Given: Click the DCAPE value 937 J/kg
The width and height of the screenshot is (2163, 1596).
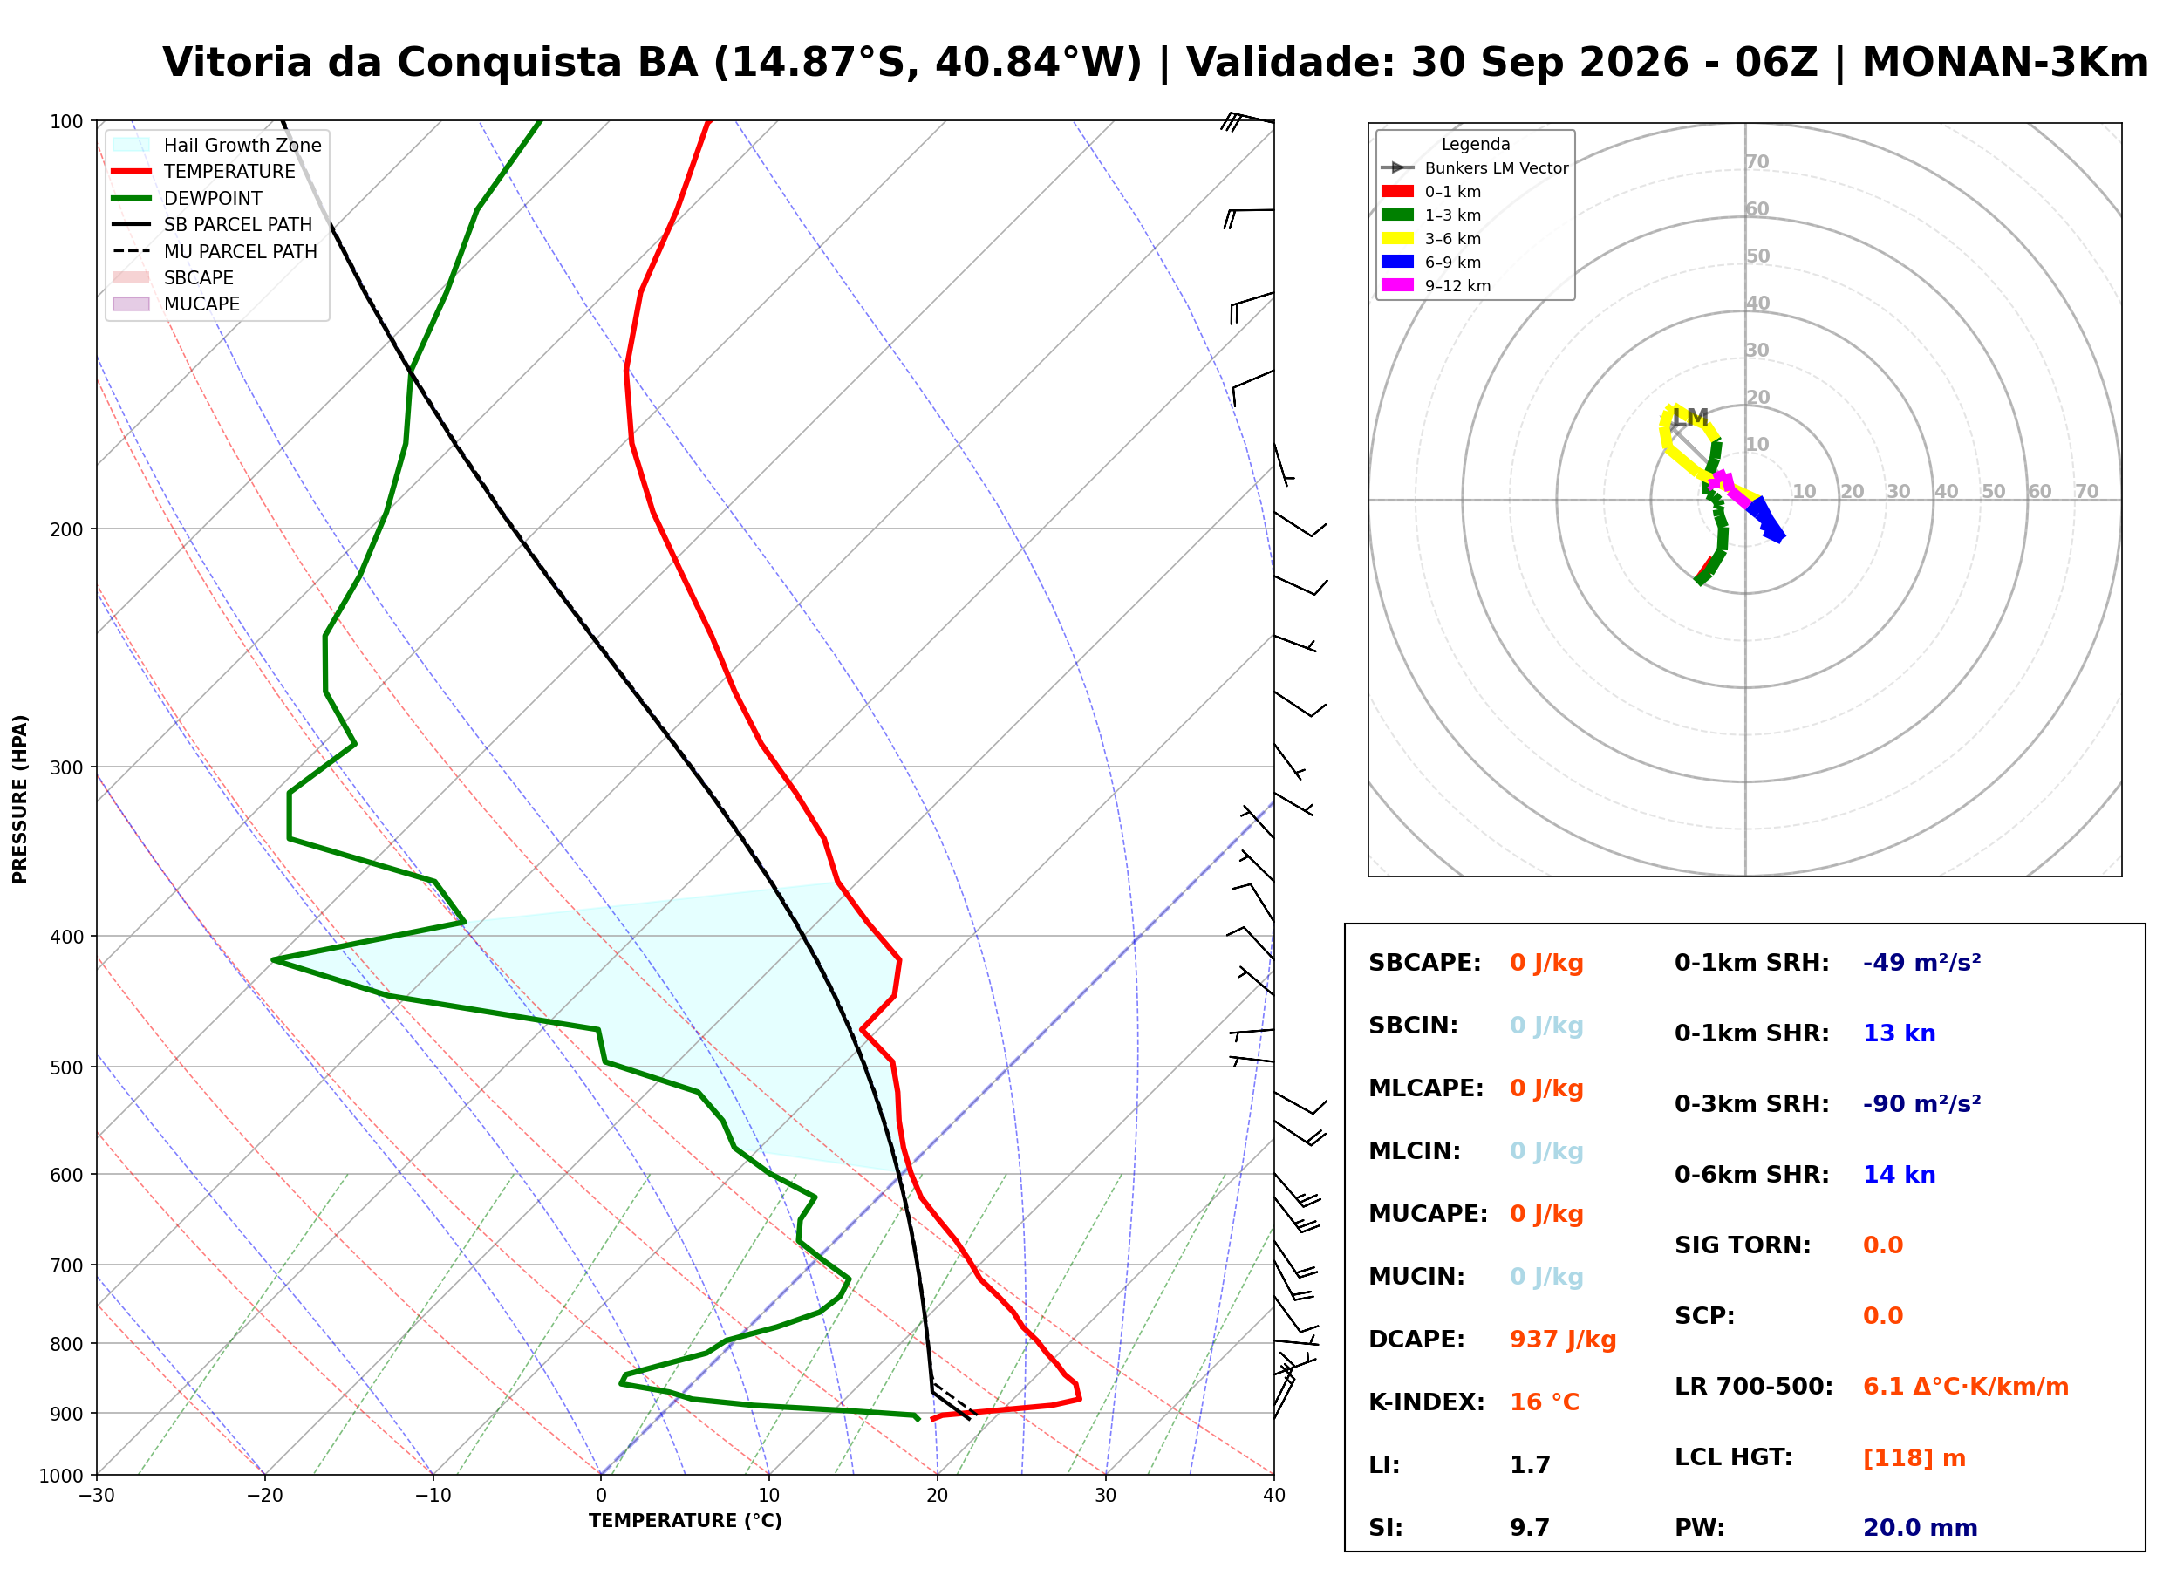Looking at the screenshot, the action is (x=1562, y=1339).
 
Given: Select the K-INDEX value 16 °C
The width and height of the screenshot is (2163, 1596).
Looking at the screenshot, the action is (x=1544, y=1402).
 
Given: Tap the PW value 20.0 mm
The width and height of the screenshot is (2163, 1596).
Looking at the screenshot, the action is (x=1920, y=1527).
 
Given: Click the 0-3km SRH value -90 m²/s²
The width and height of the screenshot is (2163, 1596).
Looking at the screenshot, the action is (x=1921, y=1103).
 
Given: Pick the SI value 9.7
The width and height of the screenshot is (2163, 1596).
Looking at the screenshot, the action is (x=1529, y=1527).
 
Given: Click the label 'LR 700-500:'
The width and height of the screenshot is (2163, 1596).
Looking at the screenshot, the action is (x=1753, y=1387).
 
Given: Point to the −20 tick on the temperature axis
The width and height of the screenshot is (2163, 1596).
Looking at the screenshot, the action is (x=264, y=1496).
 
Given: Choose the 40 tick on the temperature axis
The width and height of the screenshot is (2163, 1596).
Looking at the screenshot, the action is (x=1273, y=1496).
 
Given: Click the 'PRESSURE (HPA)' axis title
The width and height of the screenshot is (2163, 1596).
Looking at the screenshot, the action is (x=20, y=799).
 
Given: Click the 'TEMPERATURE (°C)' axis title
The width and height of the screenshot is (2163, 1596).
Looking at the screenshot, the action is (x=685, y=1521).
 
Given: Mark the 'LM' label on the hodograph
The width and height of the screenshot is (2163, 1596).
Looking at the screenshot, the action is (x=1689, y=418).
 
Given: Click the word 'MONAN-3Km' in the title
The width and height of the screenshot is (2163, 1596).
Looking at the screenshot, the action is (x=2004, y=63).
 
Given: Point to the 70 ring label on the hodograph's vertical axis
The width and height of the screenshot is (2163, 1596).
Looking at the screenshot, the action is (x=1757, y=162).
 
